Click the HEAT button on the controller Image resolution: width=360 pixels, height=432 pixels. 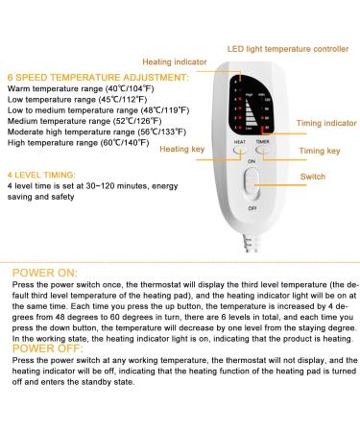point(240,152)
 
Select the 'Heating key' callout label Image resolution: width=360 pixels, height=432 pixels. point(181,149)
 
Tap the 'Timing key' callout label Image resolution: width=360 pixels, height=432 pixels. point(320,151)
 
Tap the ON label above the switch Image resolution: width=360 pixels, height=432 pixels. point(252,162)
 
